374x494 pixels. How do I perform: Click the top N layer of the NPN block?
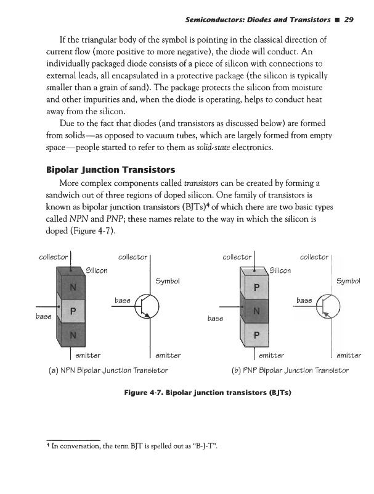[73, 287]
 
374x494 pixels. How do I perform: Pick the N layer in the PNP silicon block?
[257, 312]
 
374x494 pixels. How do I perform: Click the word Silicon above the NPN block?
[97, 269]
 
